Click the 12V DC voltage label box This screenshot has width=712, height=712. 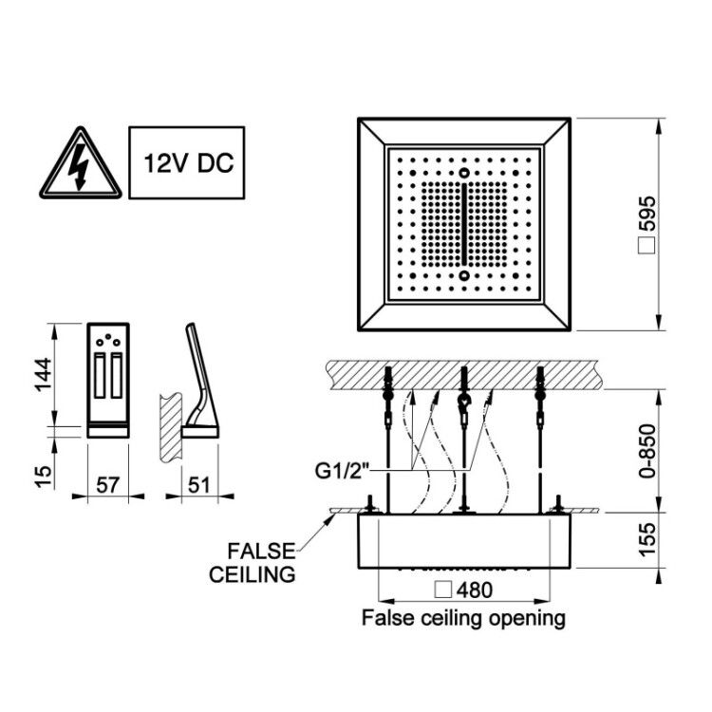point(187,162)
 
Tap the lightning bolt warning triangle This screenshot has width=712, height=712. point(81,163)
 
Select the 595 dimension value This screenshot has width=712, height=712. point(647,213)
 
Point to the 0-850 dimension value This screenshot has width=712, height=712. point(647,450)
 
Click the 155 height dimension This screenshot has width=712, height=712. point(647,539)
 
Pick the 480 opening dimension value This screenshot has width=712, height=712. point(475,590)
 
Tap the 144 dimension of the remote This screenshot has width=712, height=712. point(45,375)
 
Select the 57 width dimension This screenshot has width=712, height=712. point(107,485)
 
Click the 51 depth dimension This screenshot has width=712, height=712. point(199,485)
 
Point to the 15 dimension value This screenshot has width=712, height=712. point(45,476)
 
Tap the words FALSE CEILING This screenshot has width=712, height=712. point(253,563)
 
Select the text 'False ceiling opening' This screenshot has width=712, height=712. point(463,618)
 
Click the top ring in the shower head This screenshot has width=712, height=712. point(463,173)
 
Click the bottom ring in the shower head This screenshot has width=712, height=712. point(463,275)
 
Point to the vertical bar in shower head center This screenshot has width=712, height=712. point(463,224)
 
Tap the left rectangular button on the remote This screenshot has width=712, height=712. point(100,376)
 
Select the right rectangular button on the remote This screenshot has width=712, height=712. point(117,376)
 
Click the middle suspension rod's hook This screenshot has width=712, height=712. point(463,403)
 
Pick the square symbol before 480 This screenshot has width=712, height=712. point(442,590)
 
